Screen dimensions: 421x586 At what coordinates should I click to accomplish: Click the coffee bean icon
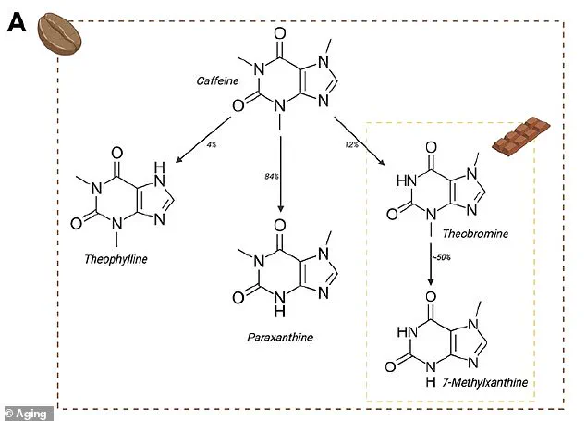coord(60,35)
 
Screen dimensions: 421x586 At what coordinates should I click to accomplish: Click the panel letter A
coord(17,23)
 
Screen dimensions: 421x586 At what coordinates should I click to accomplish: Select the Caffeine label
coord(217,81)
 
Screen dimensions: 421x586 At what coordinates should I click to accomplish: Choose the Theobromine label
coord(474,235)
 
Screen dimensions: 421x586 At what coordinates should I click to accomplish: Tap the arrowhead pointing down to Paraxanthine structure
coord(279,212)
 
